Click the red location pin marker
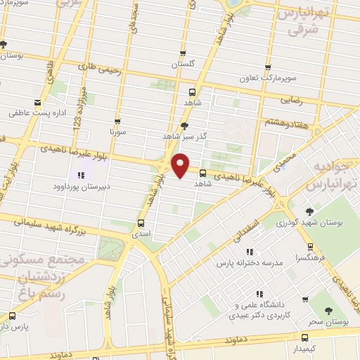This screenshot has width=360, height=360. coord(181,165)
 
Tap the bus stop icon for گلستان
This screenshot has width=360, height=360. coord(184,53)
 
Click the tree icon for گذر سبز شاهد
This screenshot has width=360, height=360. coord(185,126)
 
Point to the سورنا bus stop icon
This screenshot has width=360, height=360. coord(117,120)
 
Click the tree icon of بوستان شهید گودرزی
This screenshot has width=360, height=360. coord(309,211)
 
